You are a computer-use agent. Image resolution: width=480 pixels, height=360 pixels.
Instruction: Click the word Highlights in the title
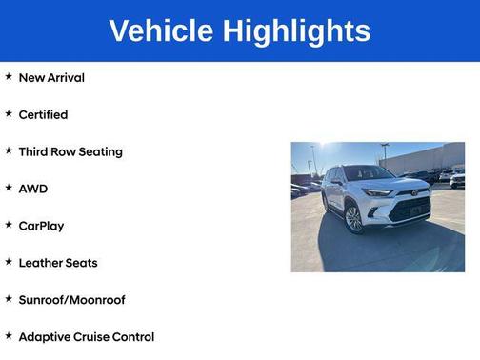click(297, 30)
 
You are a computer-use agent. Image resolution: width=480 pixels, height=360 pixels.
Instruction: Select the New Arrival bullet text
click(51, 77)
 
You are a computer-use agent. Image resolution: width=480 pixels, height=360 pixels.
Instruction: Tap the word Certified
click(43, 114)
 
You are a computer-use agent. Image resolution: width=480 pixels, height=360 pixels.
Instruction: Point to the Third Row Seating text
click(70, 151)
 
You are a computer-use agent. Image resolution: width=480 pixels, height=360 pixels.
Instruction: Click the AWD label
click(32, 189)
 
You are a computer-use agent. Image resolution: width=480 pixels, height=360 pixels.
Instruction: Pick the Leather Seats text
click(58, 263)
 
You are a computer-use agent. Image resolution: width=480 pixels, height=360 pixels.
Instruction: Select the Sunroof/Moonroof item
click(72, 300)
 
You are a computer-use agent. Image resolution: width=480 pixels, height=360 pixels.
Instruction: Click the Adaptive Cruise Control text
click(87, 337)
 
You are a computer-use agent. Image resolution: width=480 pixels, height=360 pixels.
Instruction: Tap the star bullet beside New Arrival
click(9, 76)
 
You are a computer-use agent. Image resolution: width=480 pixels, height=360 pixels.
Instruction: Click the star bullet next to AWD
click(9, 188)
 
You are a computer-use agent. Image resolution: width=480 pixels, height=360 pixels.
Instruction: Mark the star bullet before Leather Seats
click(9, 262)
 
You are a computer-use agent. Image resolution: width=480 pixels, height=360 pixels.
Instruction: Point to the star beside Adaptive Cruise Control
click(9, 336)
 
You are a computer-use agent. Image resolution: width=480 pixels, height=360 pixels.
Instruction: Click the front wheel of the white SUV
click(354, 219)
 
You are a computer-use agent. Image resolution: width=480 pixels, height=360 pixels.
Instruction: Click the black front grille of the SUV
click(411, 210)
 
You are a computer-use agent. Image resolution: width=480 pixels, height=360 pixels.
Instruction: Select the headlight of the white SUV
click(378, 193)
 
